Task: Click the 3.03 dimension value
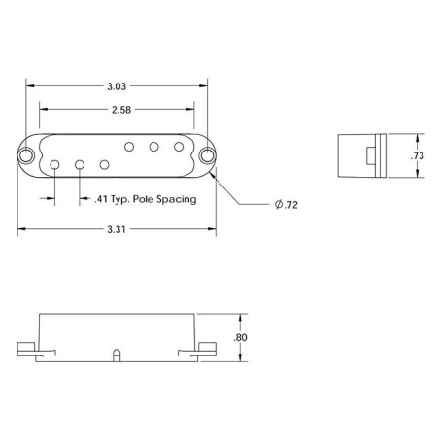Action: tap(117, 86)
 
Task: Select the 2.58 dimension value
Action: tap(121, 110)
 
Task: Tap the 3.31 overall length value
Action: tap(117, 229)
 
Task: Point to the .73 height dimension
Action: tap(418, 156)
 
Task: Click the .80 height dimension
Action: tap(240, 337)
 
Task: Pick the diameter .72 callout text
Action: tap(287, 205)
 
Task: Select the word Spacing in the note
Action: tap(177, 199)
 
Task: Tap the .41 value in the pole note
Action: tap(101, 199)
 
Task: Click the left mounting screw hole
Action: tap(26, 155)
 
